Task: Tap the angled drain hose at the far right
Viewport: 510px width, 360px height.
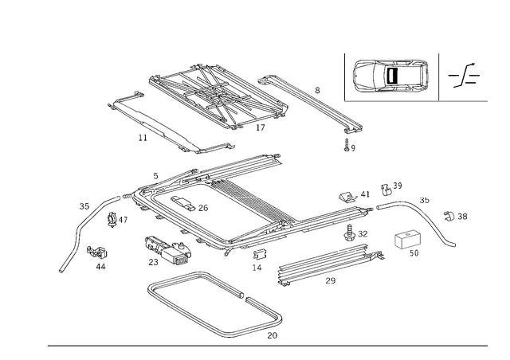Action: (x=439, y=226)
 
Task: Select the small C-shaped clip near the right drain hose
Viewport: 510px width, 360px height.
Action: (x=407, y=241)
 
